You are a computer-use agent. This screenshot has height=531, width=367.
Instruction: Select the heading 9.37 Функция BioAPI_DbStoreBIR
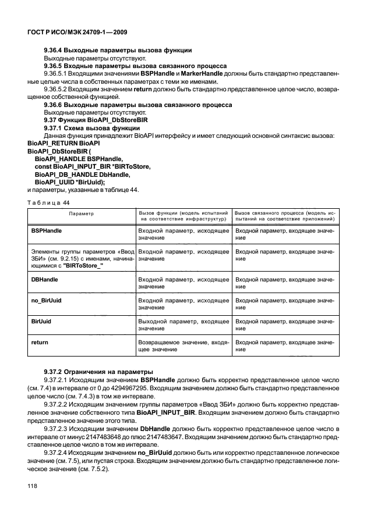[96, 120]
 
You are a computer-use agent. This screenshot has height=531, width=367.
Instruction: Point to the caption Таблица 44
[48, 202]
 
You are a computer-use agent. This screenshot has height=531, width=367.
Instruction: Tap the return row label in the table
[39, 343]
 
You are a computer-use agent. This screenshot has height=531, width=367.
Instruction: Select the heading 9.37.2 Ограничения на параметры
[90, 371]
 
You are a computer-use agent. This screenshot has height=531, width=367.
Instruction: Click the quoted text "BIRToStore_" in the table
[79, 266]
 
